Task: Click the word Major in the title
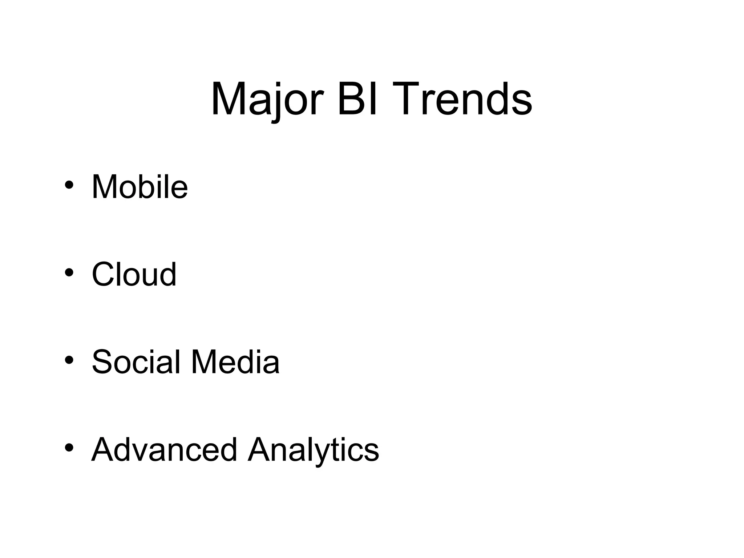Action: (x=267, y=99)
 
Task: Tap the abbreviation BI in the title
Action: (x=357, y=99)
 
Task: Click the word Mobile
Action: (x=139, y=187)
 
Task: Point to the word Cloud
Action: (x=134, y=274)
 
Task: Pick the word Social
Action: (x=136, y=362)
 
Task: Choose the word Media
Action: (x=235, y=362)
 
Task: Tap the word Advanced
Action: (x=164, y=449)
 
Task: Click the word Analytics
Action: (x=313, y=449)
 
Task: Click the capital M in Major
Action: (x=228, y=99)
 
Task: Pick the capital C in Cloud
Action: (x=104, y=274)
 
